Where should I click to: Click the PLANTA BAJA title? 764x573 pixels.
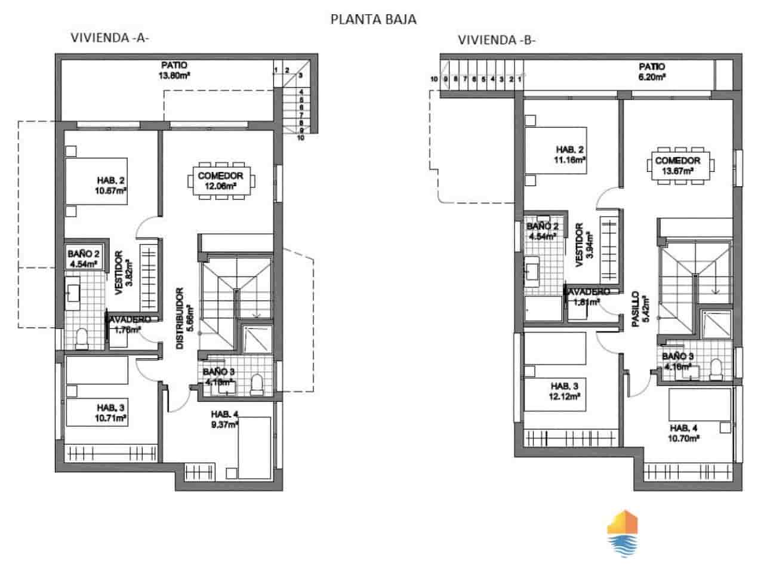[x=373, y=19]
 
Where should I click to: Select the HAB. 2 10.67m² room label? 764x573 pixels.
[x=112, y=184]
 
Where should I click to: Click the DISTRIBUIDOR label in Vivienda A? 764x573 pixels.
[x=181, y=319]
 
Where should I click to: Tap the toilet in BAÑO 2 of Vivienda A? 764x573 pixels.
[x=81, y=339]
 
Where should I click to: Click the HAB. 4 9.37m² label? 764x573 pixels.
[x=224, y=419]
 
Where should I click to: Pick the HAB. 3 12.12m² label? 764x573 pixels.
[x=565, y=390]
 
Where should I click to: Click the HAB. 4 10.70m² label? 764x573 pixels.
[x=684, y=433]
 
